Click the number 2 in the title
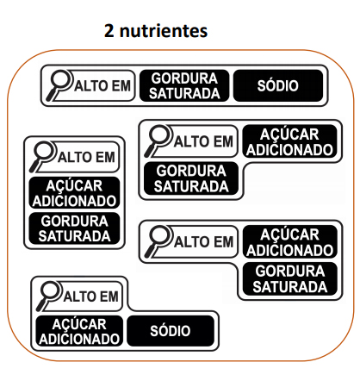tap(109, 31)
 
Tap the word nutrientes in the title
tap(164, 31)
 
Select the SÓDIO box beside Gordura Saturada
tap(278, 85)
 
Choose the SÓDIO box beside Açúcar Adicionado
tap(171, 331)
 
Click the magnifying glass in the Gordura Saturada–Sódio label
tap(59, 85)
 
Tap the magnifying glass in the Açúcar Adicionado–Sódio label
tap(49, 296)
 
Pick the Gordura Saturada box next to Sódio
tap(184, 85)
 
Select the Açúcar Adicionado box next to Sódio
tap(79, 331)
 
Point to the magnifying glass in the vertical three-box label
tap(43, 157)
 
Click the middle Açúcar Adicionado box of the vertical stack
tap(74, 192)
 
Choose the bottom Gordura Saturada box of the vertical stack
tap(74, 228)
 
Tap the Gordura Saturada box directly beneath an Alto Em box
tap(191, 178)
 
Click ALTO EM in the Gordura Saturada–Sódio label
tap(102, 86)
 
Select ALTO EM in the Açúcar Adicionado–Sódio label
tap(90, 297)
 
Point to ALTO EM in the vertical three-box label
tap(86, 157)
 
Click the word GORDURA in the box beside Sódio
tap(184, 78)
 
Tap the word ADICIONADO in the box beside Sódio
tap(79, 339)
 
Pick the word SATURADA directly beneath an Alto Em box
tap(191, 186)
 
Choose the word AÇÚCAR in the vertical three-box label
tap(74, 185)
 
